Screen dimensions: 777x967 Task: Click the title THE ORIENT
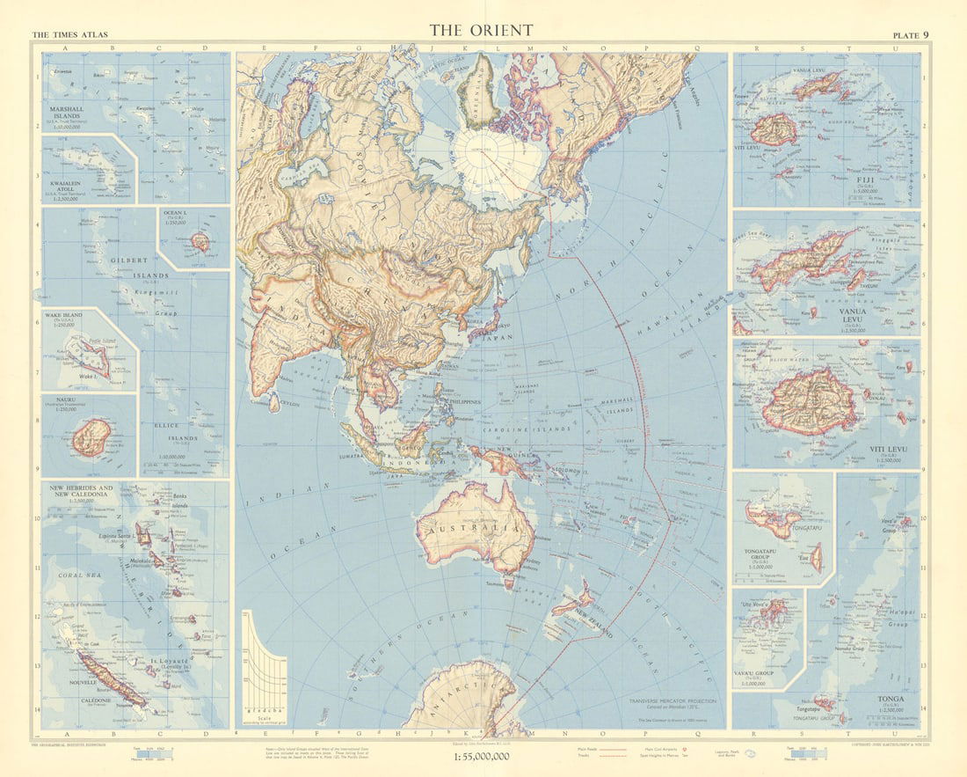point(481,30)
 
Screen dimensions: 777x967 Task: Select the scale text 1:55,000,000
point(481,756)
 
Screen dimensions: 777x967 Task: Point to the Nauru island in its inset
point(91,437)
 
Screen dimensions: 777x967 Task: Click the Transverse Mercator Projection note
point(673,701)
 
